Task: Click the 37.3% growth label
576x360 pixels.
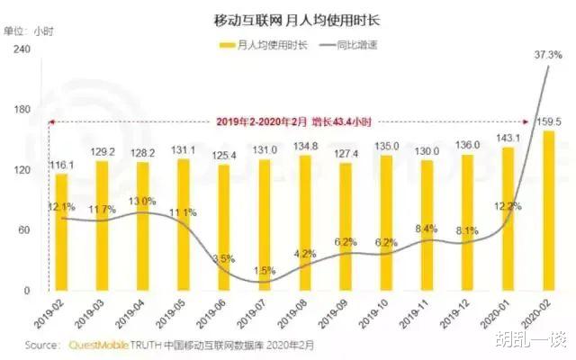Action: (547, 55)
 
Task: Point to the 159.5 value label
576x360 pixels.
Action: (548, 121)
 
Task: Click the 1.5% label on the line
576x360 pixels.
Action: (264, 270)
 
